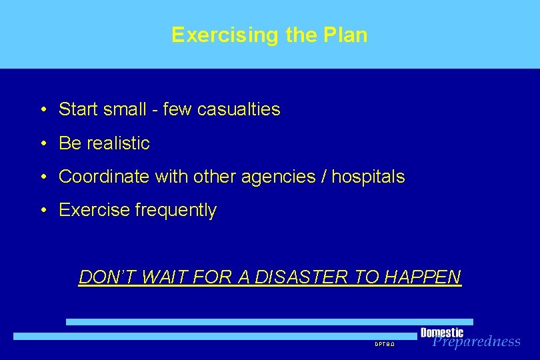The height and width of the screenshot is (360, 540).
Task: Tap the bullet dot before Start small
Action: click(x=42, y=109)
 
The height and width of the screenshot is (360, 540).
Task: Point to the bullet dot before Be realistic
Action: click(x=42, y=143)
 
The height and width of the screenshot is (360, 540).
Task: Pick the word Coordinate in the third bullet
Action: click(x=104, y=177)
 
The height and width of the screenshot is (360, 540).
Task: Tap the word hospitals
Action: click(x=368, y=177)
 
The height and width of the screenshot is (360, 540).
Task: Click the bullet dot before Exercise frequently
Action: click(x=42, y=211)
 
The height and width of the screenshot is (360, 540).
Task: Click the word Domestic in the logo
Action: click(x=441, y=332)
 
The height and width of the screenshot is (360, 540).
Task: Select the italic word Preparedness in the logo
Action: click(x=476, y=342)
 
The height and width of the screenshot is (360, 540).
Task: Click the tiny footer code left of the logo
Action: click(x=385, y=344)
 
